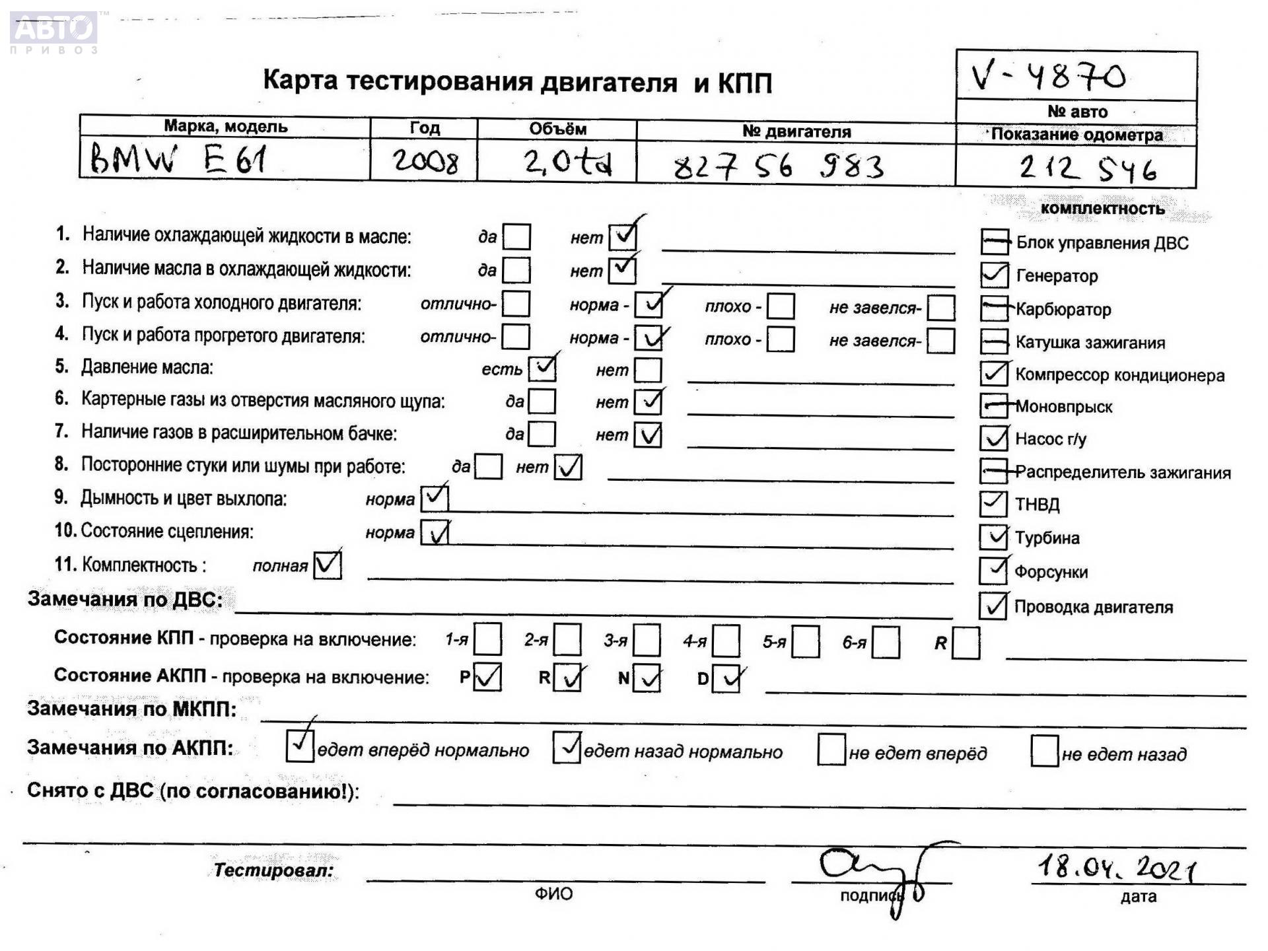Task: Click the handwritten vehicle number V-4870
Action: coord(1049,77)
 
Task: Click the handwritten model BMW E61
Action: coord(178,160)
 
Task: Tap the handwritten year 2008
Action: coord(425,161)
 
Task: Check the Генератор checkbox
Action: coord(994,275)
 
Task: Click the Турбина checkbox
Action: coord(993,537)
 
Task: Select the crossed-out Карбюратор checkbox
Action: coord(994,308)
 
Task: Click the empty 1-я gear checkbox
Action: coord(487,639)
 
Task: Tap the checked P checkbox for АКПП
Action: coord(487,678)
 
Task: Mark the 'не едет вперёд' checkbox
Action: coord(831,750)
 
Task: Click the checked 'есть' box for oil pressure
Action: coord(542,369)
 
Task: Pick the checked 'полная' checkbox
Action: coord(328,565)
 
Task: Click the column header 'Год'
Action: coord(424,127)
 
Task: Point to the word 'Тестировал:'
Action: coord(273,870)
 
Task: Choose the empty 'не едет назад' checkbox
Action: coord(1044,752)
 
